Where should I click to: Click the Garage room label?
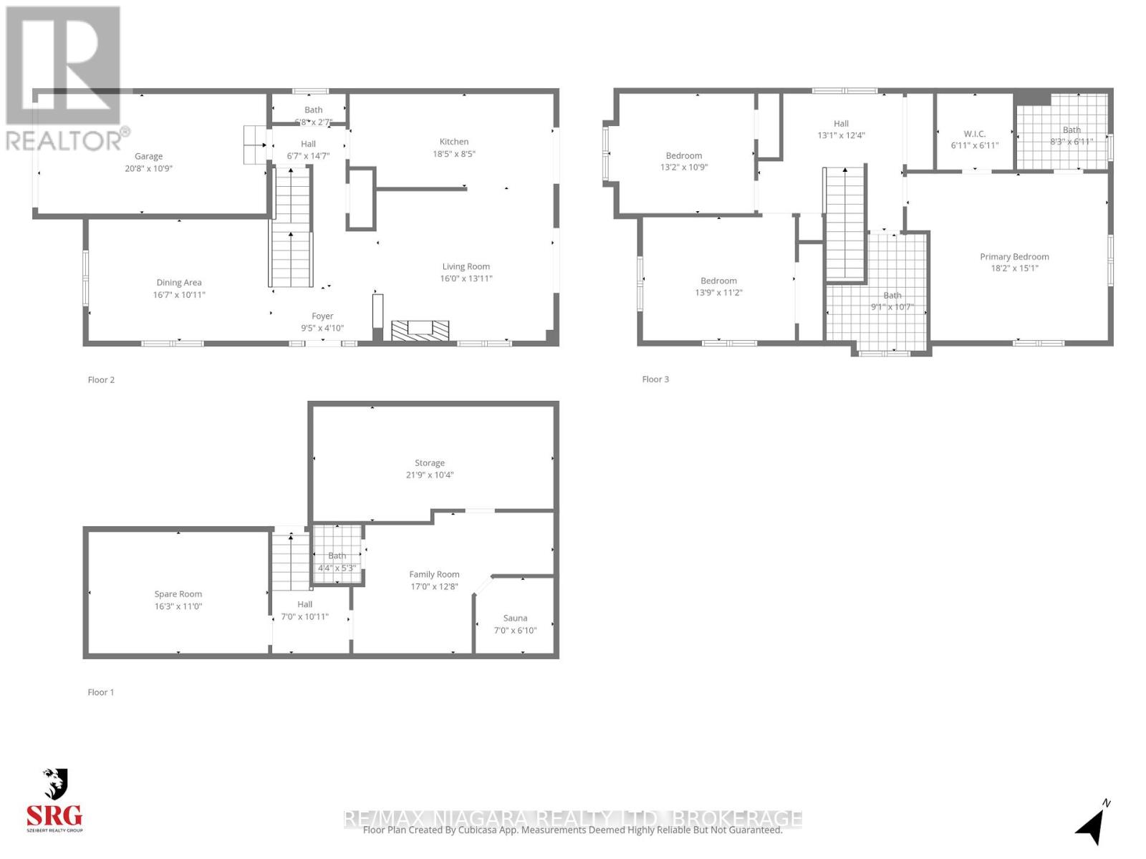(x=148, y=156)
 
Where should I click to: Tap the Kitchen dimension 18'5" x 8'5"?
(x=454, y=154)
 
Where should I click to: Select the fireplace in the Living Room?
(x=420, y=330)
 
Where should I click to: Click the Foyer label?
(x=322, y=316)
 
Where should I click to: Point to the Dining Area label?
(x=179, y=283)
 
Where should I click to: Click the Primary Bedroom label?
(x=1014, y=256)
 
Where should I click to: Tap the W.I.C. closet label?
(x=974, y=134)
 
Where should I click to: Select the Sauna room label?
(x=515, y=618)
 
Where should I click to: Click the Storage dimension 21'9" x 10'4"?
(x=430, y=475)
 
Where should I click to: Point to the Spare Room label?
(x=178, y=594)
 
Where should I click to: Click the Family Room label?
(x=434, y=574)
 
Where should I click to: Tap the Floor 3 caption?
(x=655, y=379)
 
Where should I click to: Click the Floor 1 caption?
(x=101, y=692)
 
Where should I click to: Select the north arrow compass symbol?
(x=1092, y=823)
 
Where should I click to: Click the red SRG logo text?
(x=54, y=815)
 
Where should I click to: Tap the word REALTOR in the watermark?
(x=61, y=140)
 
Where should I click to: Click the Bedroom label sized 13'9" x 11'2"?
(x=718, y=281)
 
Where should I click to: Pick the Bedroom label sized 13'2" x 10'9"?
(x=684, y=155)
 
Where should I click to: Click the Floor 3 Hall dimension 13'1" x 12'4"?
(x=841, y=135)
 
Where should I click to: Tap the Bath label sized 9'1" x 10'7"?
(x=892, y=295)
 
